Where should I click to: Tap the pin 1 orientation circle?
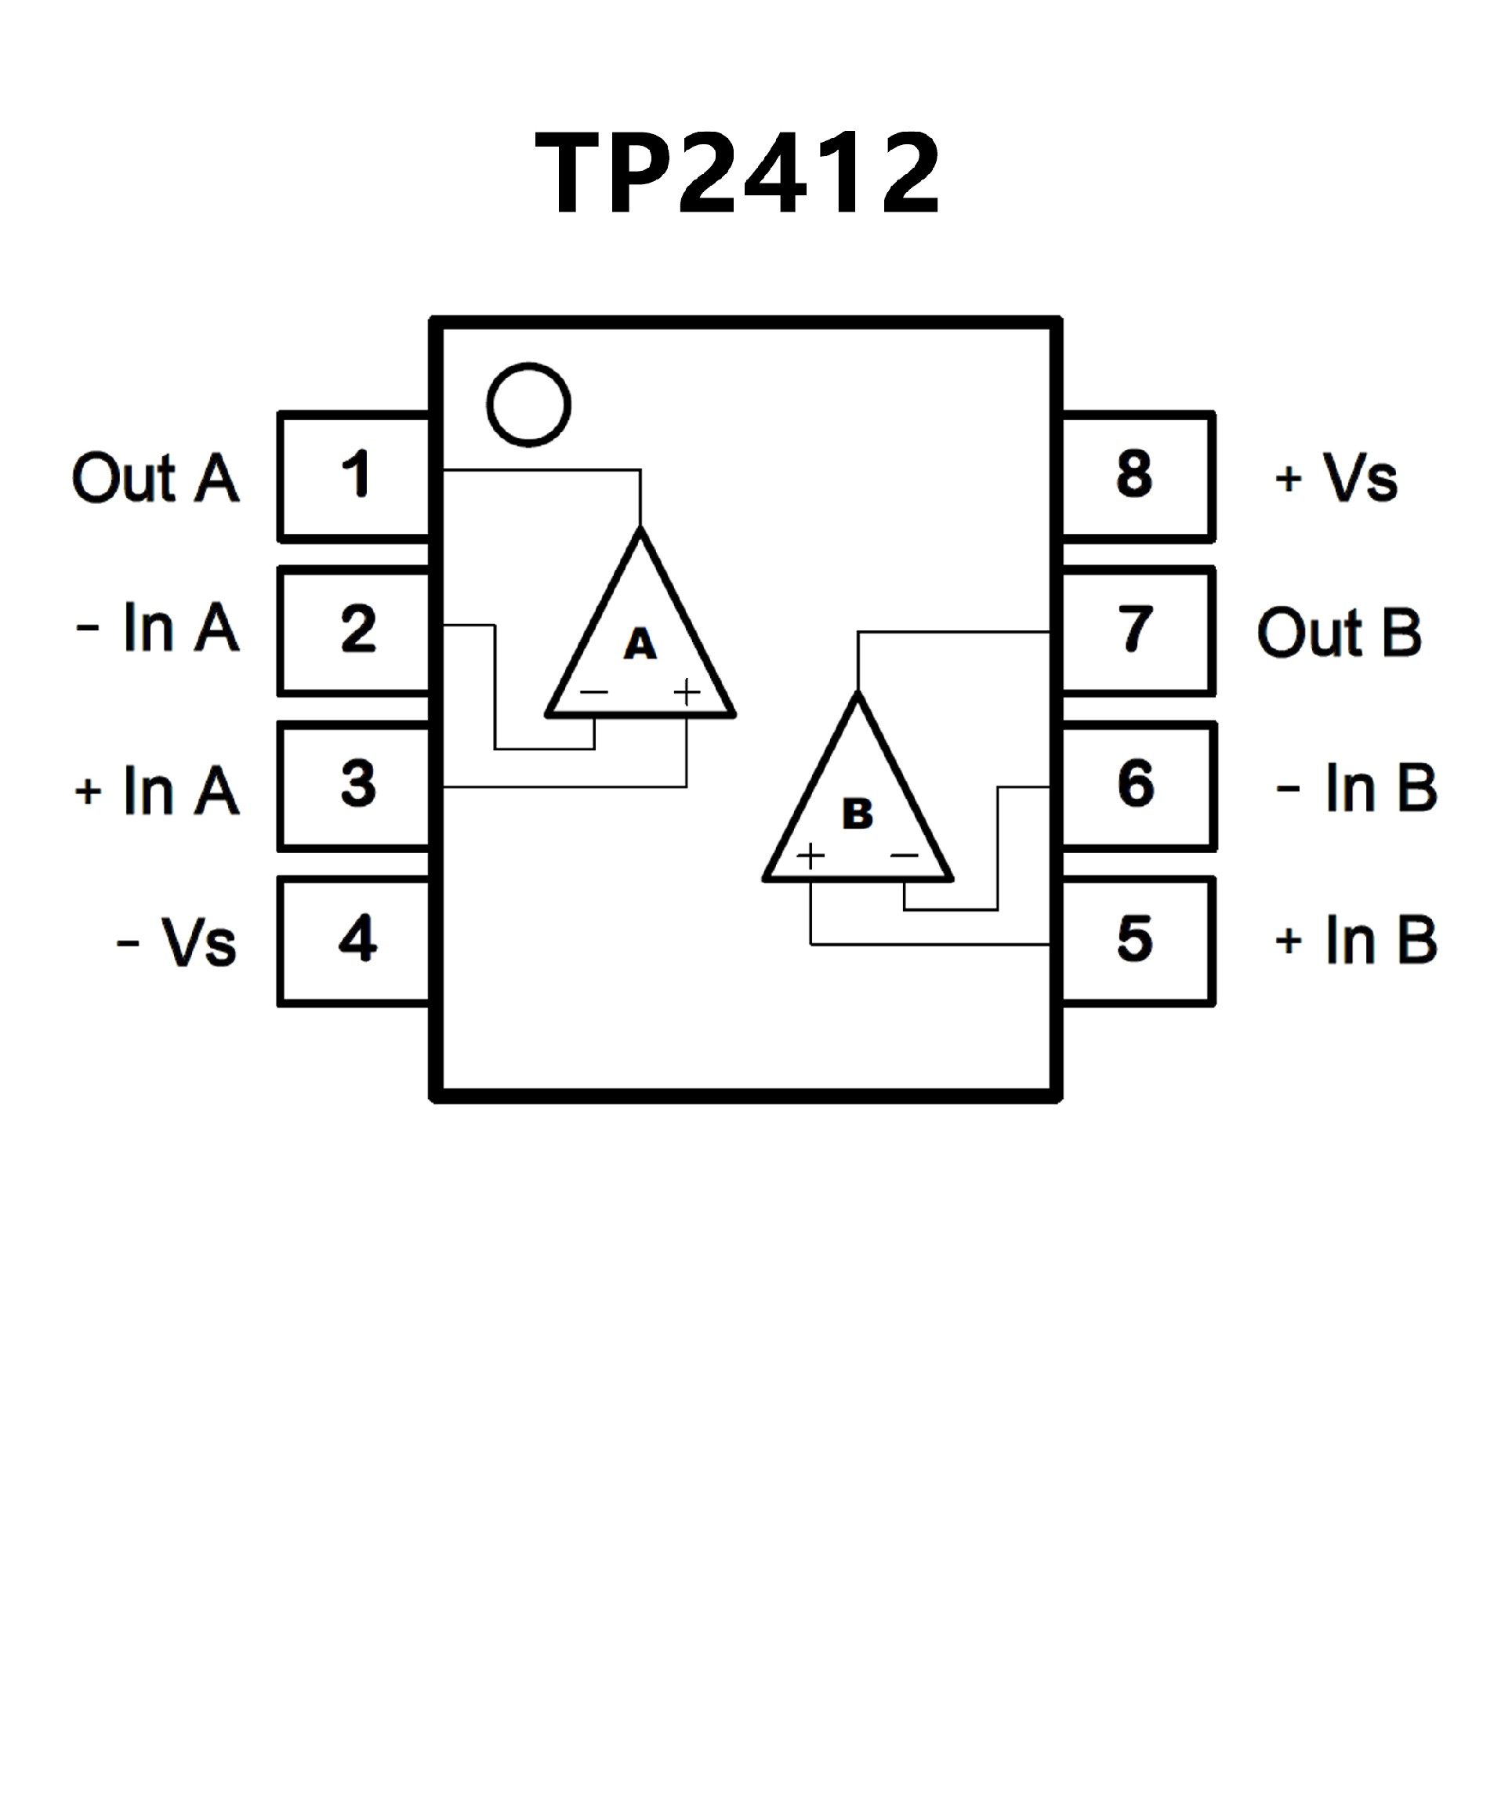coord(528,405)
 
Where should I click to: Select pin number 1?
coord(356,473)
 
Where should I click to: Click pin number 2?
coord(357,629)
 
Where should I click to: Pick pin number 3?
coord(357,783)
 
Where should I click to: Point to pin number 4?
coord(357,938)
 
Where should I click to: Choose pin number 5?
coord(1135,938)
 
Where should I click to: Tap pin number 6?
coord(1135,783)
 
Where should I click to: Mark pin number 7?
coord(1135,629)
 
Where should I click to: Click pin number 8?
coord(1135,473)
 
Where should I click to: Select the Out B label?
coord(1339,633)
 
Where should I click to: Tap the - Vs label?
coord(176,942)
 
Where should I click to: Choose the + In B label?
coord(1355,940)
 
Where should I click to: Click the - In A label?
coord(158,629)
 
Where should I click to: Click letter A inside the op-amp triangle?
coord(640,645)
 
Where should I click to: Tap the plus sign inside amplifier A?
coord(687,691)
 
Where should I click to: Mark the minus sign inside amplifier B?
coord(904,854)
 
